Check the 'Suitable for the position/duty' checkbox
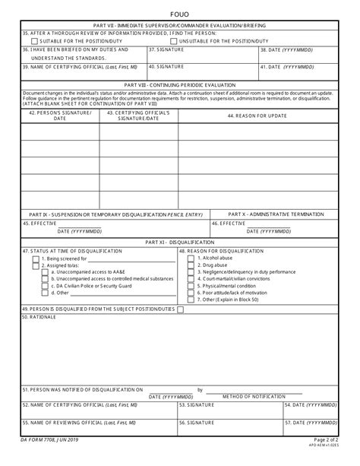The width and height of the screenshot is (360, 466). (x=28, y=40)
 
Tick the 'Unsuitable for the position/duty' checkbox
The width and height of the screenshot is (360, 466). (x=175, y=40)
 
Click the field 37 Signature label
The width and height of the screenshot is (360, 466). (x=165, y=49)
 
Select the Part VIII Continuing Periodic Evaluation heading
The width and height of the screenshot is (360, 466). (x=180, y=85)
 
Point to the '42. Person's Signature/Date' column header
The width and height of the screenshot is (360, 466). (x=59, y=115)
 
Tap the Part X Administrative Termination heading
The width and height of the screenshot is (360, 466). (x=272, y=215)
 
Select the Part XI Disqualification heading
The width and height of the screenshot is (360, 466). (x=180, y=241)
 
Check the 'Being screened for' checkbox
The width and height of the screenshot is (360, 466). (x=36, y=258)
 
